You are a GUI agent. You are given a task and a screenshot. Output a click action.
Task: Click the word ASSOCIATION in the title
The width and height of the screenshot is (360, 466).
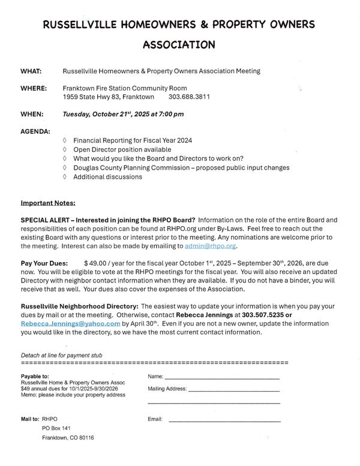pyautogui.click(x=179, y=44)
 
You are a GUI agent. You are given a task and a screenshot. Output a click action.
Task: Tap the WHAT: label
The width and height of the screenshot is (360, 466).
pyautogui.click(x=31, y=71)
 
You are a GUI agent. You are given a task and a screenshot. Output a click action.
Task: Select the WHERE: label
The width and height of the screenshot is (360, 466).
pyautogui.click(x=34, y=88)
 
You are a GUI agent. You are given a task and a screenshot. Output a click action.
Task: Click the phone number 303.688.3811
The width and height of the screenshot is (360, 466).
pyautogui.click(x=189, y=97)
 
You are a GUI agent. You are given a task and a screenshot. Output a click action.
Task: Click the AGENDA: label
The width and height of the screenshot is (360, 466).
pyautogui.click(x=35, y=131)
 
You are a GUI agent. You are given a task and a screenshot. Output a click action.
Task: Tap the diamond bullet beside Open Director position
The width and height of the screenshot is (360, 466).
pyautogui.click(x=65, y=149)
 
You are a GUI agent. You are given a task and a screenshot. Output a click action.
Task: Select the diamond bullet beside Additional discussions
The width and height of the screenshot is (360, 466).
pyautogui.click(x=65, y=177)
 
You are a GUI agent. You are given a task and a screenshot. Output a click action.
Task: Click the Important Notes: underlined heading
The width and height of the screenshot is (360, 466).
pyautogui.click(x=48, y=203)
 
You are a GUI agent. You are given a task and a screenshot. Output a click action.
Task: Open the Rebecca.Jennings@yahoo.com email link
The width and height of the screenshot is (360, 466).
pyautogui.click(x=71, y=323)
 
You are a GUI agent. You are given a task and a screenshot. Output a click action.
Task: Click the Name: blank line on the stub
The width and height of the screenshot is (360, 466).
pyautogui.click(x=222, y=377)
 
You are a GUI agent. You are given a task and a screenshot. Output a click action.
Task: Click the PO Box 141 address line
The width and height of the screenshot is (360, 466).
pyautogui.click(x=56, y=428)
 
